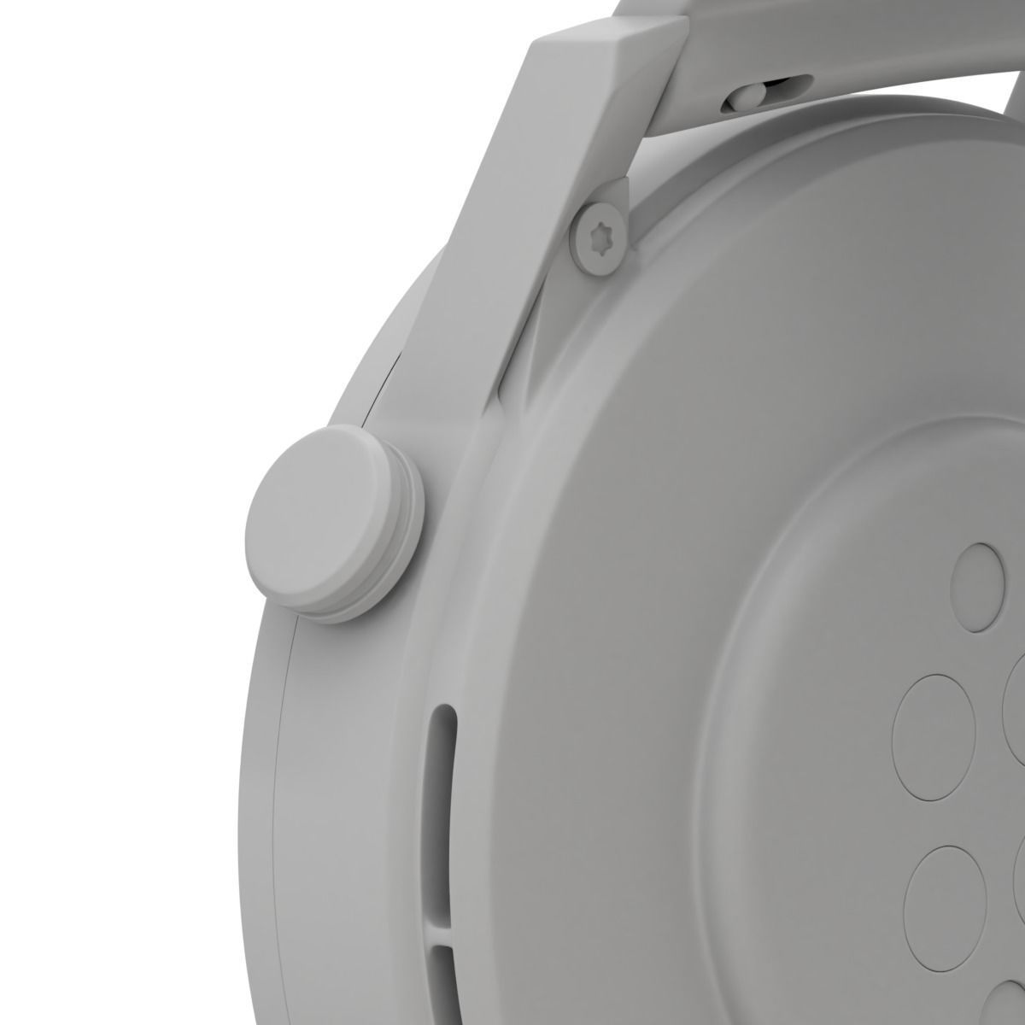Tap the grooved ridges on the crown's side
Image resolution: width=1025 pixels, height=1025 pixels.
(401, 547)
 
